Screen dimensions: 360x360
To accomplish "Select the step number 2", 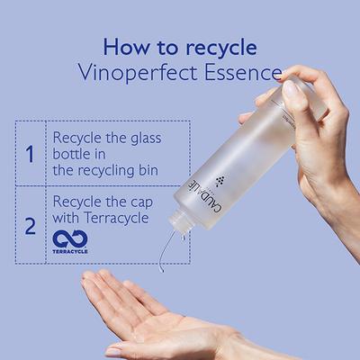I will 30,225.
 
